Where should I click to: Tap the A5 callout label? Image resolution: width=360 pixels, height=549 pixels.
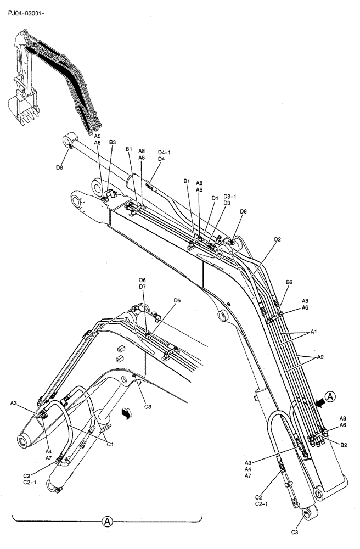pos(97,136)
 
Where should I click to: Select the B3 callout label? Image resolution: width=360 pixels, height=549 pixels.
pos(113,142)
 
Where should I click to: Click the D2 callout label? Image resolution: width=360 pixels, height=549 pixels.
pos(278,239)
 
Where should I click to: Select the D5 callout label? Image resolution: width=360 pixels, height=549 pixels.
pos(177,300)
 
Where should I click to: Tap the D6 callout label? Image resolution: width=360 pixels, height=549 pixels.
pos(142,280)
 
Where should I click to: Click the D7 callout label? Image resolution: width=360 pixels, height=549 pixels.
pos(142,287)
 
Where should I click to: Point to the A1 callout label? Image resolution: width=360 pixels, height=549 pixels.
pos(314,332)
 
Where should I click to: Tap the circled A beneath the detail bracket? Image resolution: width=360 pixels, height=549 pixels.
pos(108,520)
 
